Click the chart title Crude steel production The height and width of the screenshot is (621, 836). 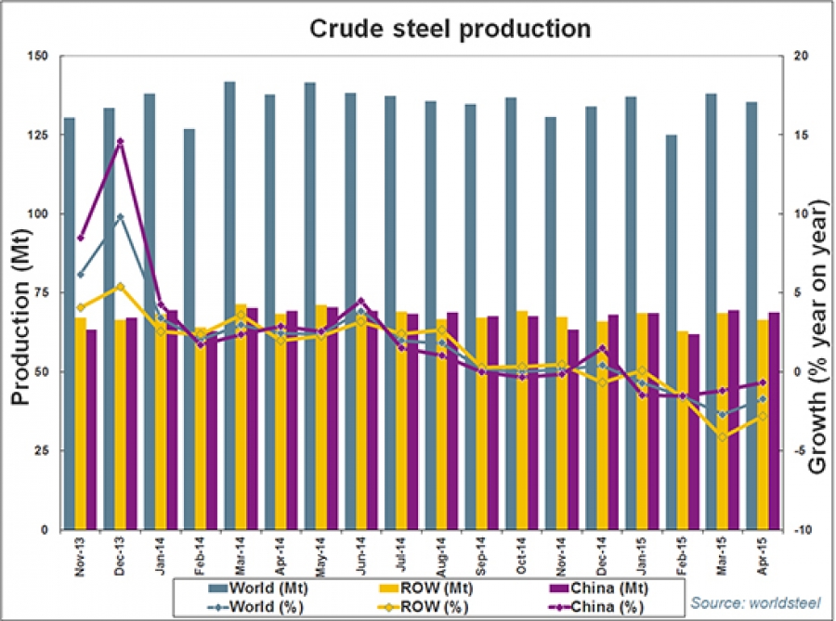pyautogui.click(x=450, y=29)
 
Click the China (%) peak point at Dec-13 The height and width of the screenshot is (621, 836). pyautogui.click(x=120, y=141)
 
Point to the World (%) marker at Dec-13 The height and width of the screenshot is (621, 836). pyautogui.click(x=120, y=217)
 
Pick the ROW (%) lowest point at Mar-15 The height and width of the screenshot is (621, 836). pyautogui.click(x=722, y=437)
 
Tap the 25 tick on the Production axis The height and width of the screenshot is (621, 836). pyautogui.click(x=42, y=451)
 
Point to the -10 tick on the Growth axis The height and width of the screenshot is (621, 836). pyautogui.click(x=799, y=530)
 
